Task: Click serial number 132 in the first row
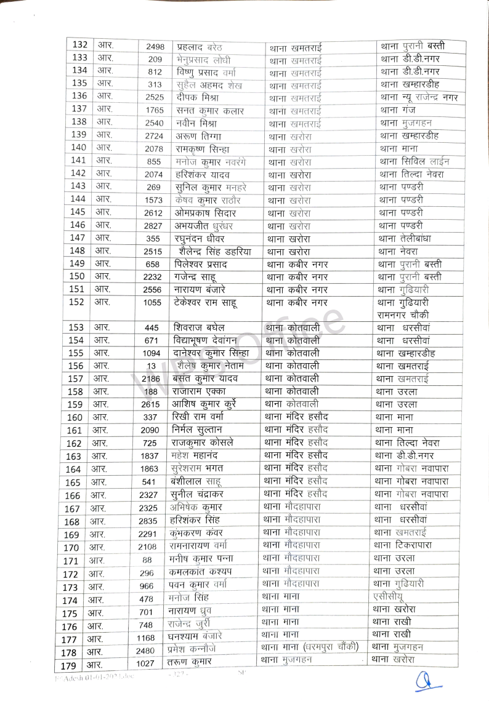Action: pyautogui.click(x=79, y=46)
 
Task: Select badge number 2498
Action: pyautogui.click(x=155, y=47)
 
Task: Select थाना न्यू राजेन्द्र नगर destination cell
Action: pyautogui.click(x=419, y=97)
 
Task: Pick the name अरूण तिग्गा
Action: pyautogui.click(x=198, y=135)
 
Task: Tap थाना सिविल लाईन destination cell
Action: pyautogui.click(x=414, y=162)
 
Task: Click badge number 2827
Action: pyautogui.click(x=155, y=226)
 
